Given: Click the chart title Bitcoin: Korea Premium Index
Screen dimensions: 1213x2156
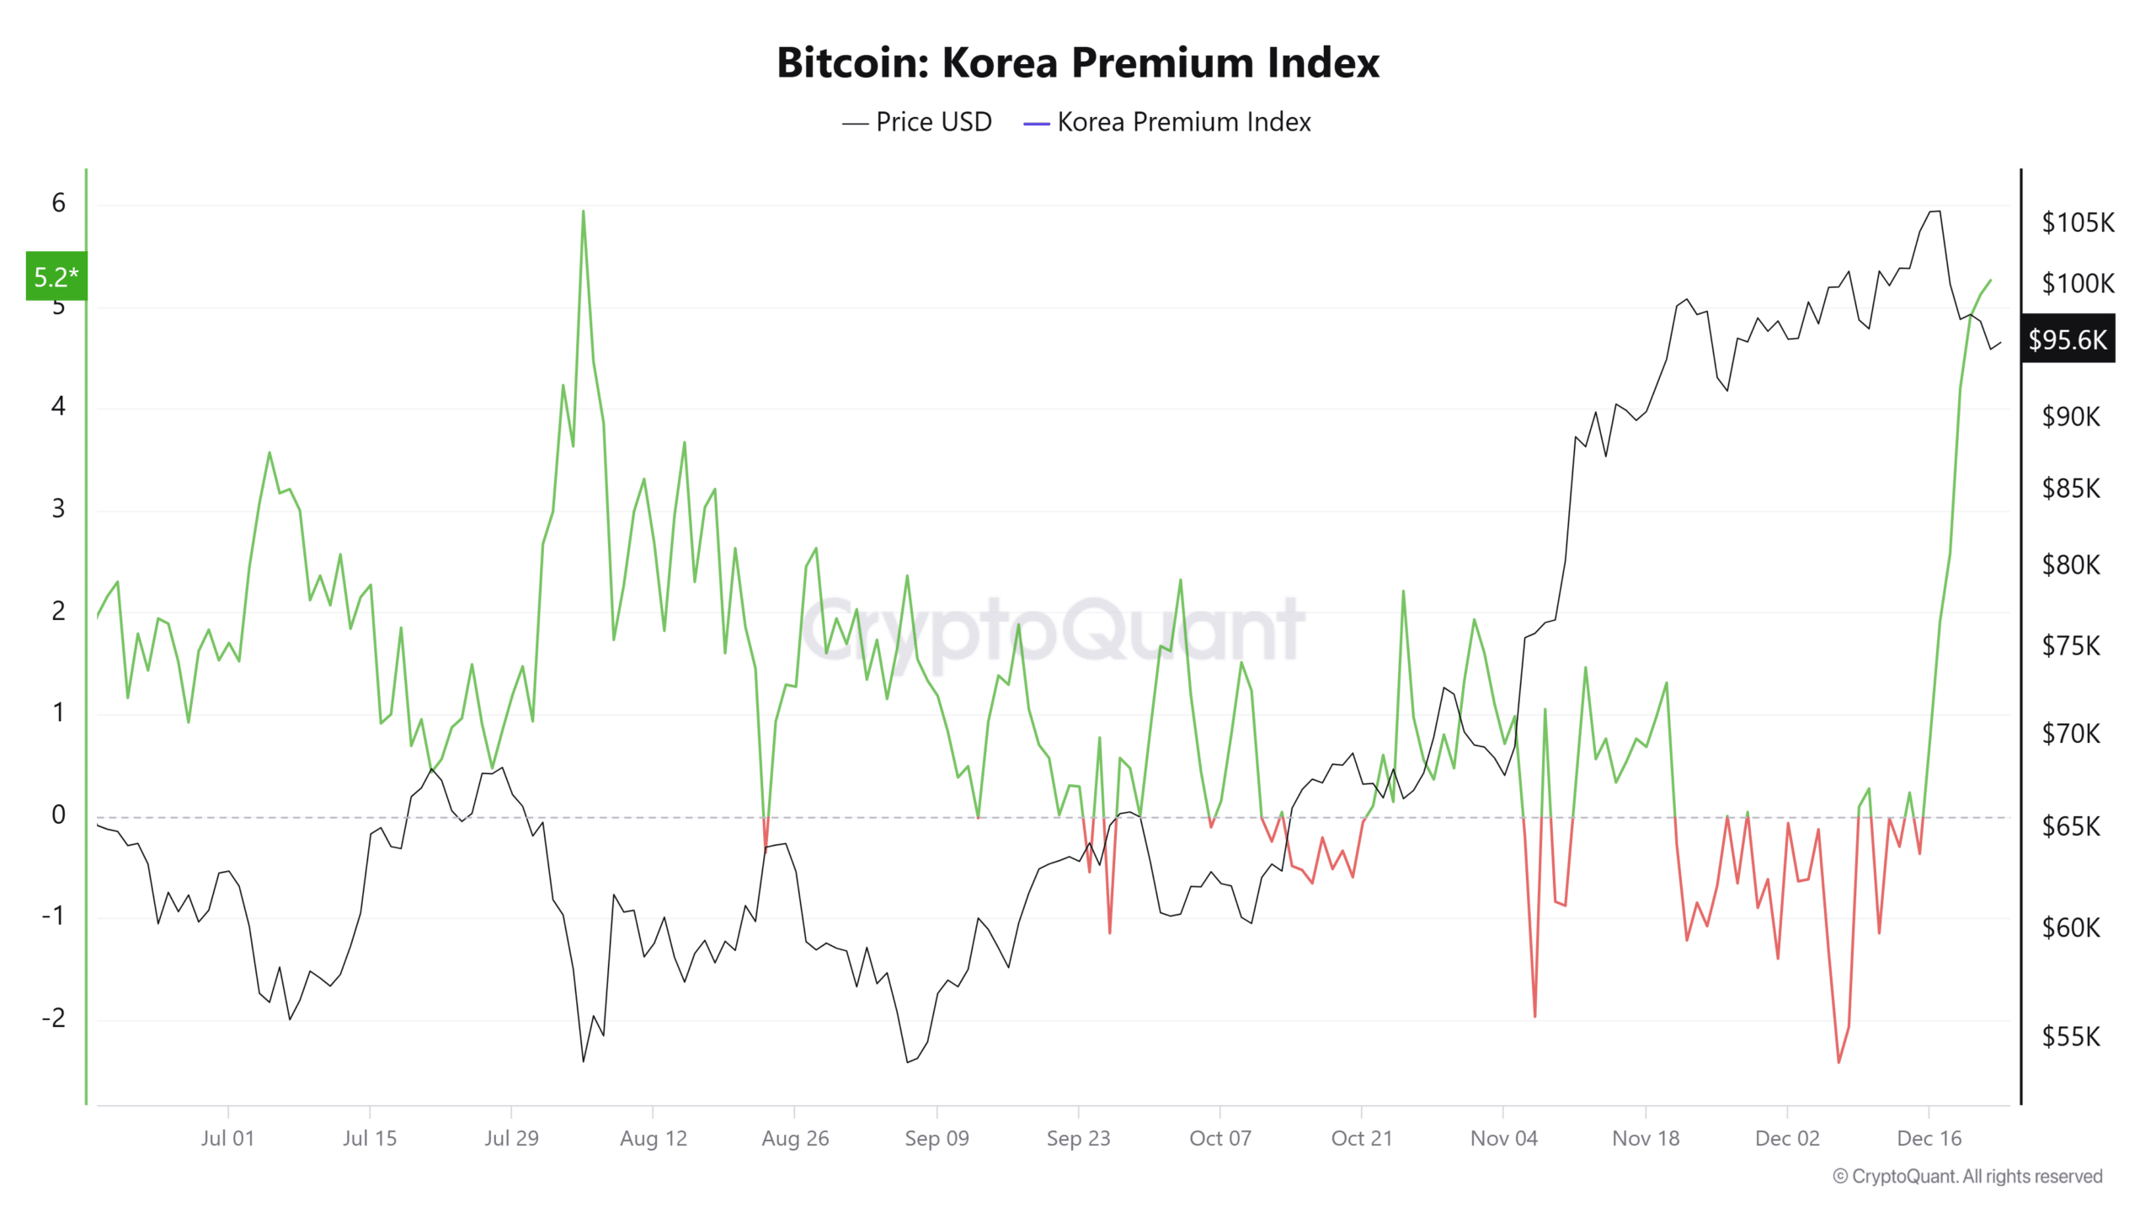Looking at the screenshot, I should point(1077,62).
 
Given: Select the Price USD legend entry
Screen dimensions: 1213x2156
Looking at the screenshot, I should point(918,122).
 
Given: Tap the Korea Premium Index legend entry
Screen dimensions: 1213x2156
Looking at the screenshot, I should point(1167,122).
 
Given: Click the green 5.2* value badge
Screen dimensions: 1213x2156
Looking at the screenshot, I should point(56,275).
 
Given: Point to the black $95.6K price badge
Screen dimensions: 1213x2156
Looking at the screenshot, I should point(2068,339).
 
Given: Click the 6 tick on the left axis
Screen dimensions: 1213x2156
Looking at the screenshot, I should point(58,203).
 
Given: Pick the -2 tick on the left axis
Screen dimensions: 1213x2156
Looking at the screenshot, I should point(54,1018).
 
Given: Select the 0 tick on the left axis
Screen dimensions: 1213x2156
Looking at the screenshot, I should point(58,815).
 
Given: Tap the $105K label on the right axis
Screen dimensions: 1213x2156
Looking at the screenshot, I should point(2077,222).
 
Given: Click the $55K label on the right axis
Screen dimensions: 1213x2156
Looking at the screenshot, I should point(2070,1037).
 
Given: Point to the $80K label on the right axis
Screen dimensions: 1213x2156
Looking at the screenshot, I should point(2070,564).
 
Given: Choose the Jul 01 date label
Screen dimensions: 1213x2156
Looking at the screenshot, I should point(227,1138).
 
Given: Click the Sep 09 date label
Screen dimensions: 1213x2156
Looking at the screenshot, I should point(937,1138).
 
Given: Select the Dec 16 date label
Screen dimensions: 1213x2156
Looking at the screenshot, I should point(1929,1138).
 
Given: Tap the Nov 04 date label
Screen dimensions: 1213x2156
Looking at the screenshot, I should point(1503,1138).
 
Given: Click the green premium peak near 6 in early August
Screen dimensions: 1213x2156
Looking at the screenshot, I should point(583,212).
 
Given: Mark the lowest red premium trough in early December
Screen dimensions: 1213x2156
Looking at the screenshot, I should point(1838,1061).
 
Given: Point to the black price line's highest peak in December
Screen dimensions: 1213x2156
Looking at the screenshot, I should point(1935,211).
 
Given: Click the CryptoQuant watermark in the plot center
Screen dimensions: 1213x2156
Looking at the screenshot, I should point(1053,630).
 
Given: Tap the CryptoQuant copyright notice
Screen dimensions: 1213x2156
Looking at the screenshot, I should point(1967,1176).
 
